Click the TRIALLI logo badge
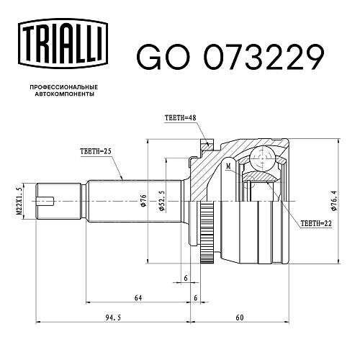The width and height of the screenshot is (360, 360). tap(63, 43)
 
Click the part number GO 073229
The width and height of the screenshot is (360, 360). tap(230, 58)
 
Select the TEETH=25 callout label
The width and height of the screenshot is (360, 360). tap(96, 151)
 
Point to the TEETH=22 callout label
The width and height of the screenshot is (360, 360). tap(316, 223)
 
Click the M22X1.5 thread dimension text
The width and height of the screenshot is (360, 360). tap(19, 202)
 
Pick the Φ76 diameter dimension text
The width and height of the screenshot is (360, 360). tap(143, 201)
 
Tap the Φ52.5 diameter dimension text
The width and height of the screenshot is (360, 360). tap(162, 201)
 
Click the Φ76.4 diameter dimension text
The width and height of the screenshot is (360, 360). tap(334, 201)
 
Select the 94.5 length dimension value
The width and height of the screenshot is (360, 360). tap(113, 318)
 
